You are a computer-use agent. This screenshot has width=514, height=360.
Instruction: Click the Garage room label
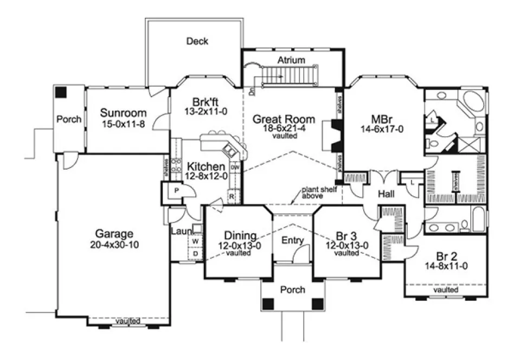[x=114, y=234]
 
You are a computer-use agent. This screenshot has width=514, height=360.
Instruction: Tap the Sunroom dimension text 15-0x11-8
[x=124, y=123]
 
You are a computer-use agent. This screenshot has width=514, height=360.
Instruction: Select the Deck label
[x=197, y=41]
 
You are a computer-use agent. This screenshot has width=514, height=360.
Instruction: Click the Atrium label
[x=292, y=60]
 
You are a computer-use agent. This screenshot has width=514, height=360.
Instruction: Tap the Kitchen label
[x=207, y=166]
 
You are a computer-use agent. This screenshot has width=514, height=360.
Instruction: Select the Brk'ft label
[x=205, y=101]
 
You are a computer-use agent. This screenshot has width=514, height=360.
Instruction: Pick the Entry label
[x=292, y=240]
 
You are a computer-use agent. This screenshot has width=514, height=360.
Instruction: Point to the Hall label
[x=385, y=194]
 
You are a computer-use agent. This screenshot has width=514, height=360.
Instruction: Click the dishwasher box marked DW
[x=235, y=168]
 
